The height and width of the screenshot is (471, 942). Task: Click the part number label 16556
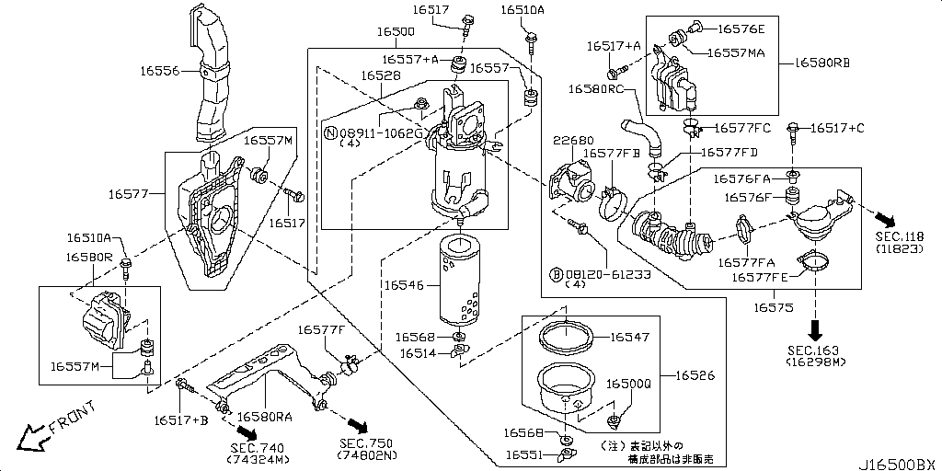(163, 70)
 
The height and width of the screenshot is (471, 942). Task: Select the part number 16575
(775, 306)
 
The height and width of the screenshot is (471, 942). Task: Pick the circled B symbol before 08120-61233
(556, 273)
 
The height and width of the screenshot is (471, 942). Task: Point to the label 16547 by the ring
(629, 338)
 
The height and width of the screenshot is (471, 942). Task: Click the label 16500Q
(628, 383)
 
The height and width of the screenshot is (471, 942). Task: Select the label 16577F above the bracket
(321, 329)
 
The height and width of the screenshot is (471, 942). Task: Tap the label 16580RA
(265, 417)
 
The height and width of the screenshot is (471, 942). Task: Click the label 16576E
(741, 29)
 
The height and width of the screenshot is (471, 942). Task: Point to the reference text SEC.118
(902, 238)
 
